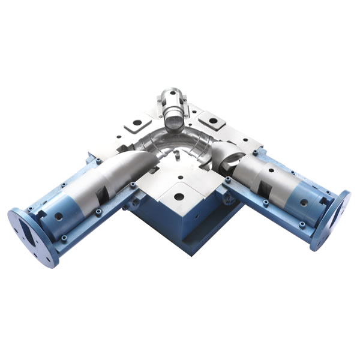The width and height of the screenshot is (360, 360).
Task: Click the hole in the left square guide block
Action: pos(137,123)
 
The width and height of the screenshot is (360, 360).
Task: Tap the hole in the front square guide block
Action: pos(179,196)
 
